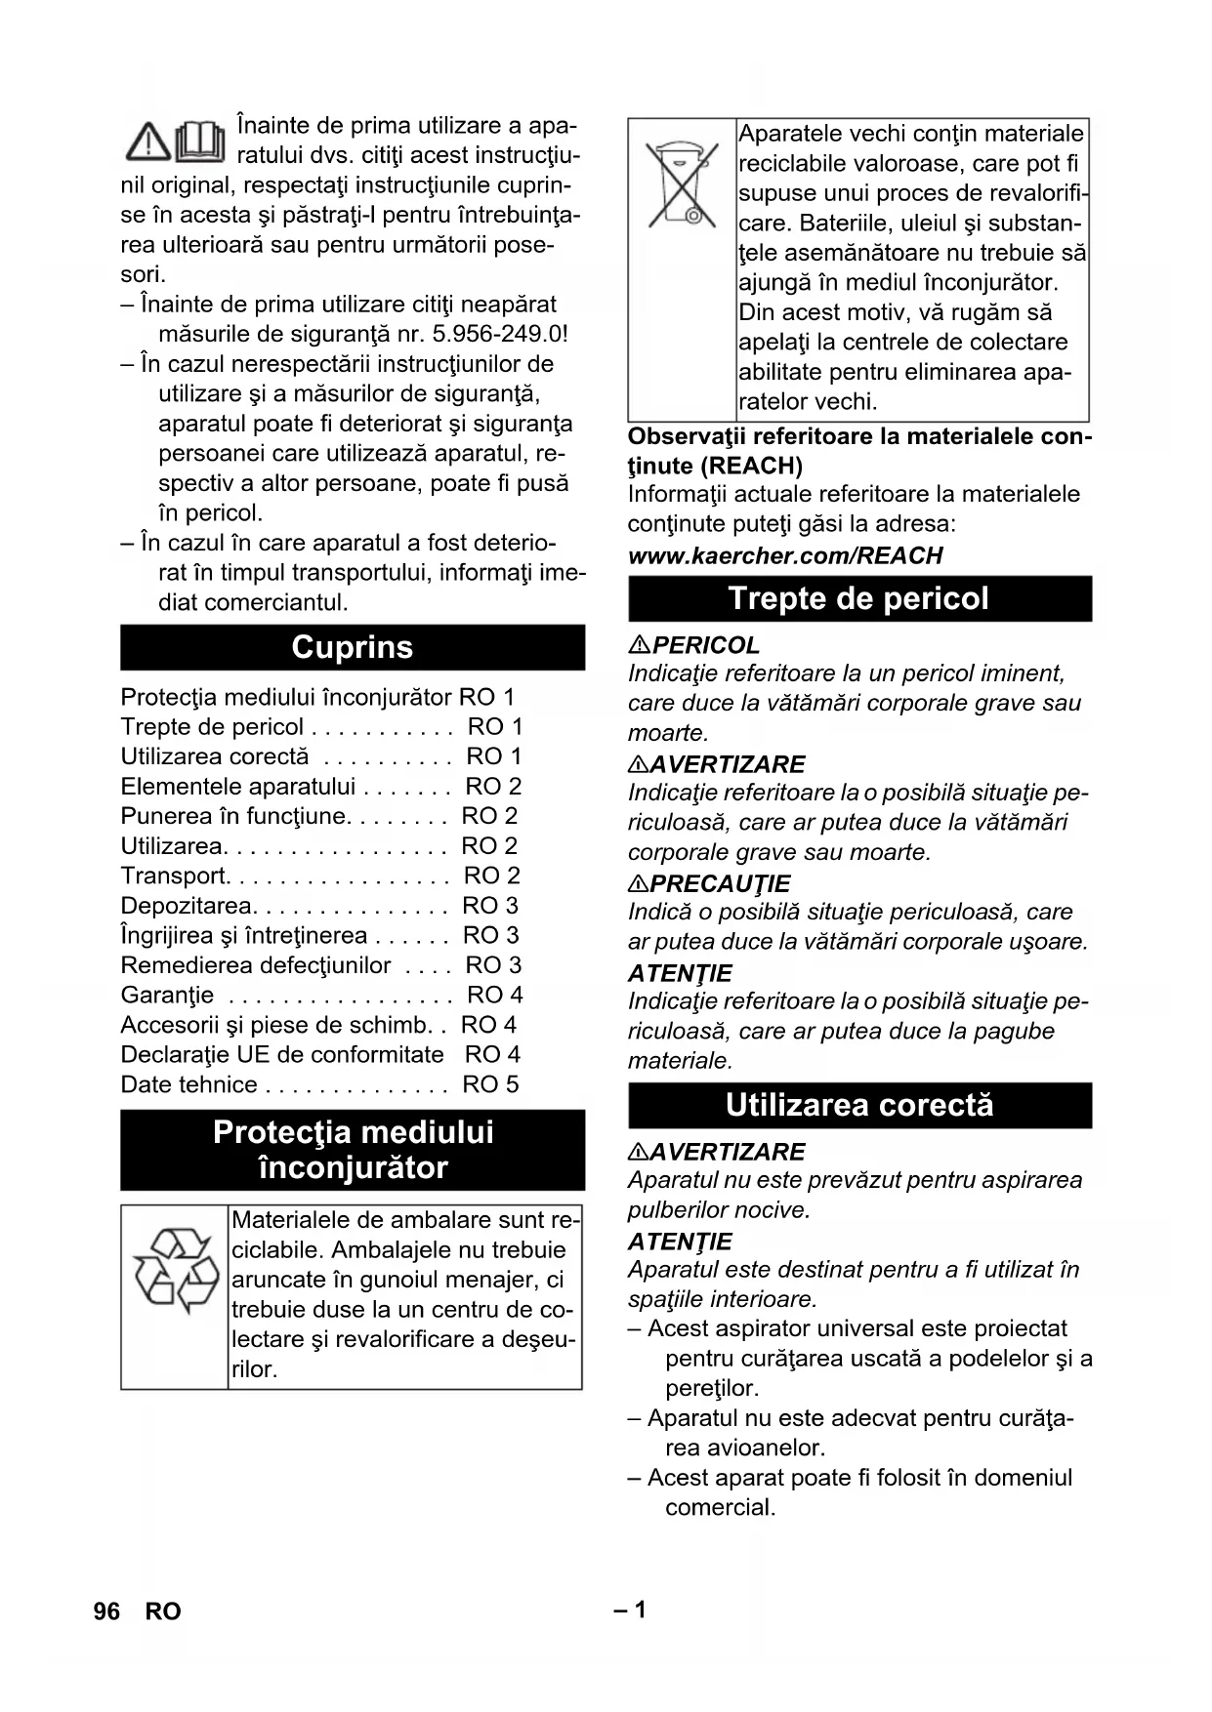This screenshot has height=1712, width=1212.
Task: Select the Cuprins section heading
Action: [353, 647]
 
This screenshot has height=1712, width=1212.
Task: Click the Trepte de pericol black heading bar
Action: [859, 598]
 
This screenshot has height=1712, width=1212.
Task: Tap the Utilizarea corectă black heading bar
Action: [859, 1105]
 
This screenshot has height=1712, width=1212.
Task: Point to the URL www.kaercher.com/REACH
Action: [785, 555]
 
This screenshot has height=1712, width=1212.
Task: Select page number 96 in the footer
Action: [106, 1610]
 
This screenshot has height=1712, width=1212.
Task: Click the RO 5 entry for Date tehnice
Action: [490, 1084]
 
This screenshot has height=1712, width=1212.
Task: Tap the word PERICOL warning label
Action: [705, 645]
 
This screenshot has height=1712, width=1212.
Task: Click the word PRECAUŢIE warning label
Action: [720, 883]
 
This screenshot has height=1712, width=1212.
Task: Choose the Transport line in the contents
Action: [174, 876]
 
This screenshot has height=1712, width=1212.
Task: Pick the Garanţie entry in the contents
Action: [167, 995]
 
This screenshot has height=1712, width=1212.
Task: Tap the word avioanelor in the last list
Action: [745, 1447]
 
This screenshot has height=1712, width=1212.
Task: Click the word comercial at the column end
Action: [720, 1507]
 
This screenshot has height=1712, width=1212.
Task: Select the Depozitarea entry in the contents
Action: [186, 906]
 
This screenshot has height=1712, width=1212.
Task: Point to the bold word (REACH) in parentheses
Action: [751, 466]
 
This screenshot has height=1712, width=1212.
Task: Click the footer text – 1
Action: [630, 1610]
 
